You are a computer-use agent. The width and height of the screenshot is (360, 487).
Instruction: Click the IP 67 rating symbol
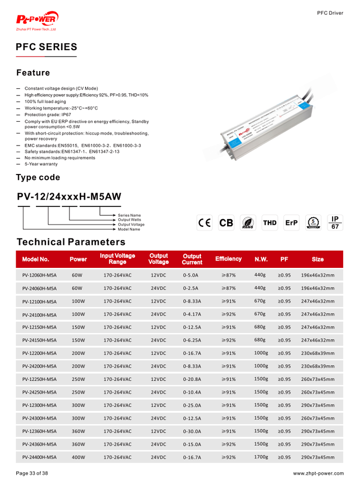pos(335,222)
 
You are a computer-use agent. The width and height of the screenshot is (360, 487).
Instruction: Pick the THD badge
pos(270,223)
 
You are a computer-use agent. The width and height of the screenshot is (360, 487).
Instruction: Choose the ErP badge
pos(292,223)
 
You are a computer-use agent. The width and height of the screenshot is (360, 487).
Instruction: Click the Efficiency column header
pos(228,259)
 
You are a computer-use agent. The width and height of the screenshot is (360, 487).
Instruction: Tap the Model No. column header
pos(35,259)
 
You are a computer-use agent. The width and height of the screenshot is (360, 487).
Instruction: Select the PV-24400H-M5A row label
pos(40,458)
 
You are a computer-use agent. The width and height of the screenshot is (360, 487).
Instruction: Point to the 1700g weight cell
pos(261,457)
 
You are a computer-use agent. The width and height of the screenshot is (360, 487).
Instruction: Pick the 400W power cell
pos(78,458)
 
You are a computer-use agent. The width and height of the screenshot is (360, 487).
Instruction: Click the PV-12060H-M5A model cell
pos(40,275)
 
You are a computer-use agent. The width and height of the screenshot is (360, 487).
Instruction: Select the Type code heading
pos(38,178)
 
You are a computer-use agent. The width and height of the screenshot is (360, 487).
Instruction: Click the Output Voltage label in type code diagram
pos(131,224)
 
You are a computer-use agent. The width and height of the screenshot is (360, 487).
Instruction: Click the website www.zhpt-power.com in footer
pos(318,473)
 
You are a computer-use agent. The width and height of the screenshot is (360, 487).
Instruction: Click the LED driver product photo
pos(271,120)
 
